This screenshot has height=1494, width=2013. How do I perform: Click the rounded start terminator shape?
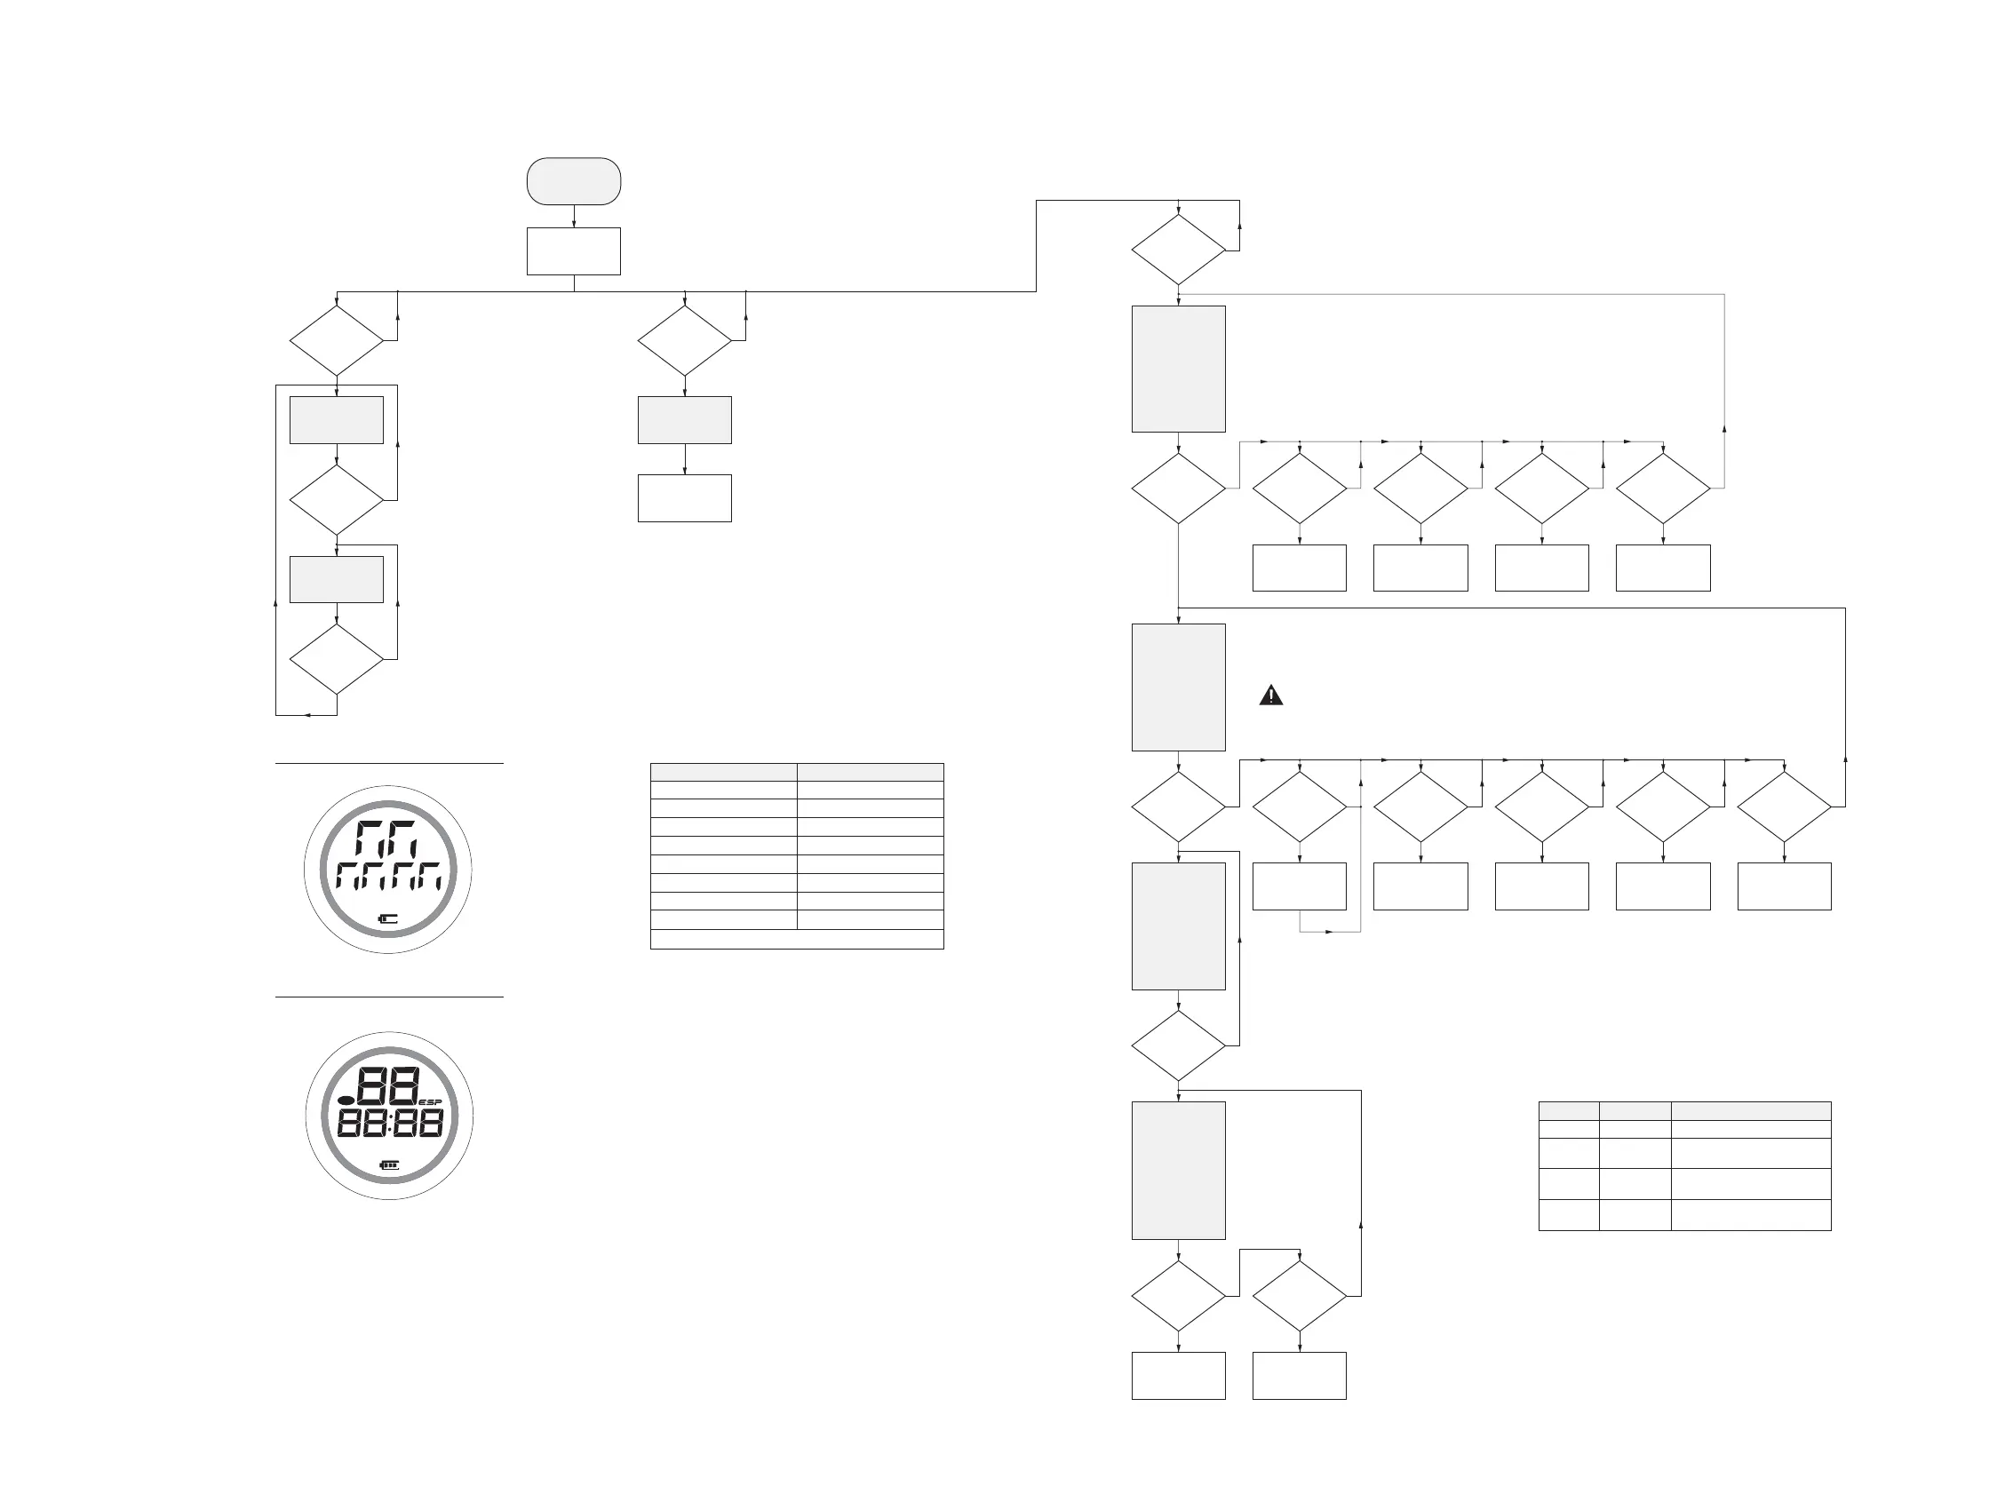(x=573, y=181)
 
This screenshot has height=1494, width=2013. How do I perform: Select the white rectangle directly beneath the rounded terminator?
(x=573, y=250)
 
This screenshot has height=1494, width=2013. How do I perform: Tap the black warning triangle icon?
(x=1270, y=695)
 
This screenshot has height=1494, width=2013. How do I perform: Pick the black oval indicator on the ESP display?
(x=346, y=1100)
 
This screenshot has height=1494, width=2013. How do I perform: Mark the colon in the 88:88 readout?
(x=390, y=1124)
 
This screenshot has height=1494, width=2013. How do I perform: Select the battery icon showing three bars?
(x=390, y=1164)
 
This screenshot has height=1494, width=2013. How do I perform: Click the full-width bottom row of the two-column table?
(x=797, y=939)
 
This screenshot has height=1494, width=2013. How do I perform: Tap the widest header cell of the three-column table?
(x=1750, y=1110)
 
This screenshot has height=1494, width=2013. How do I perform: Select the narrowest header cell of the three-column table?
(x=1568, y=1110)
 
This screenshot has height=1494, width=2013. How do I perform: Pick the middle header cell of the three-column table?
(x=1634, y=1110)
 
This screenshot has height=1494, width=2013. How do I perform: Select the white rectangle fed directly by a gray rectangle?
(x=685, y=498)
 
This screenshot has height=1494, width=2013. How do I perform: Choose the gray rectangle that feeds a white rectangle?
(x=685, y=419)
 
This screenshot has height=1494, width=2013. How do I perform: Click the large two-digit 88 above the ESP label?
(x=389, y=1086)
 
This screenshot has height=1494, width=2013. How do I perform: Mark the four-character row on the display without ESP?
(x=389, y=877)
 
